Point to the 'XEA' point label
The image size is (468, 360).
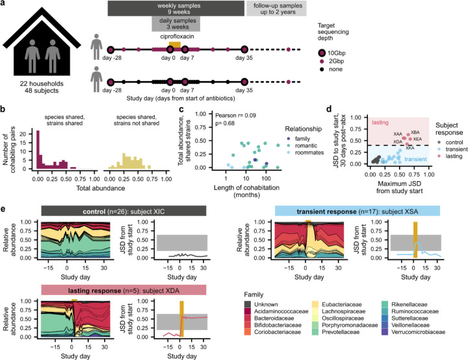click(417, 139)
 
